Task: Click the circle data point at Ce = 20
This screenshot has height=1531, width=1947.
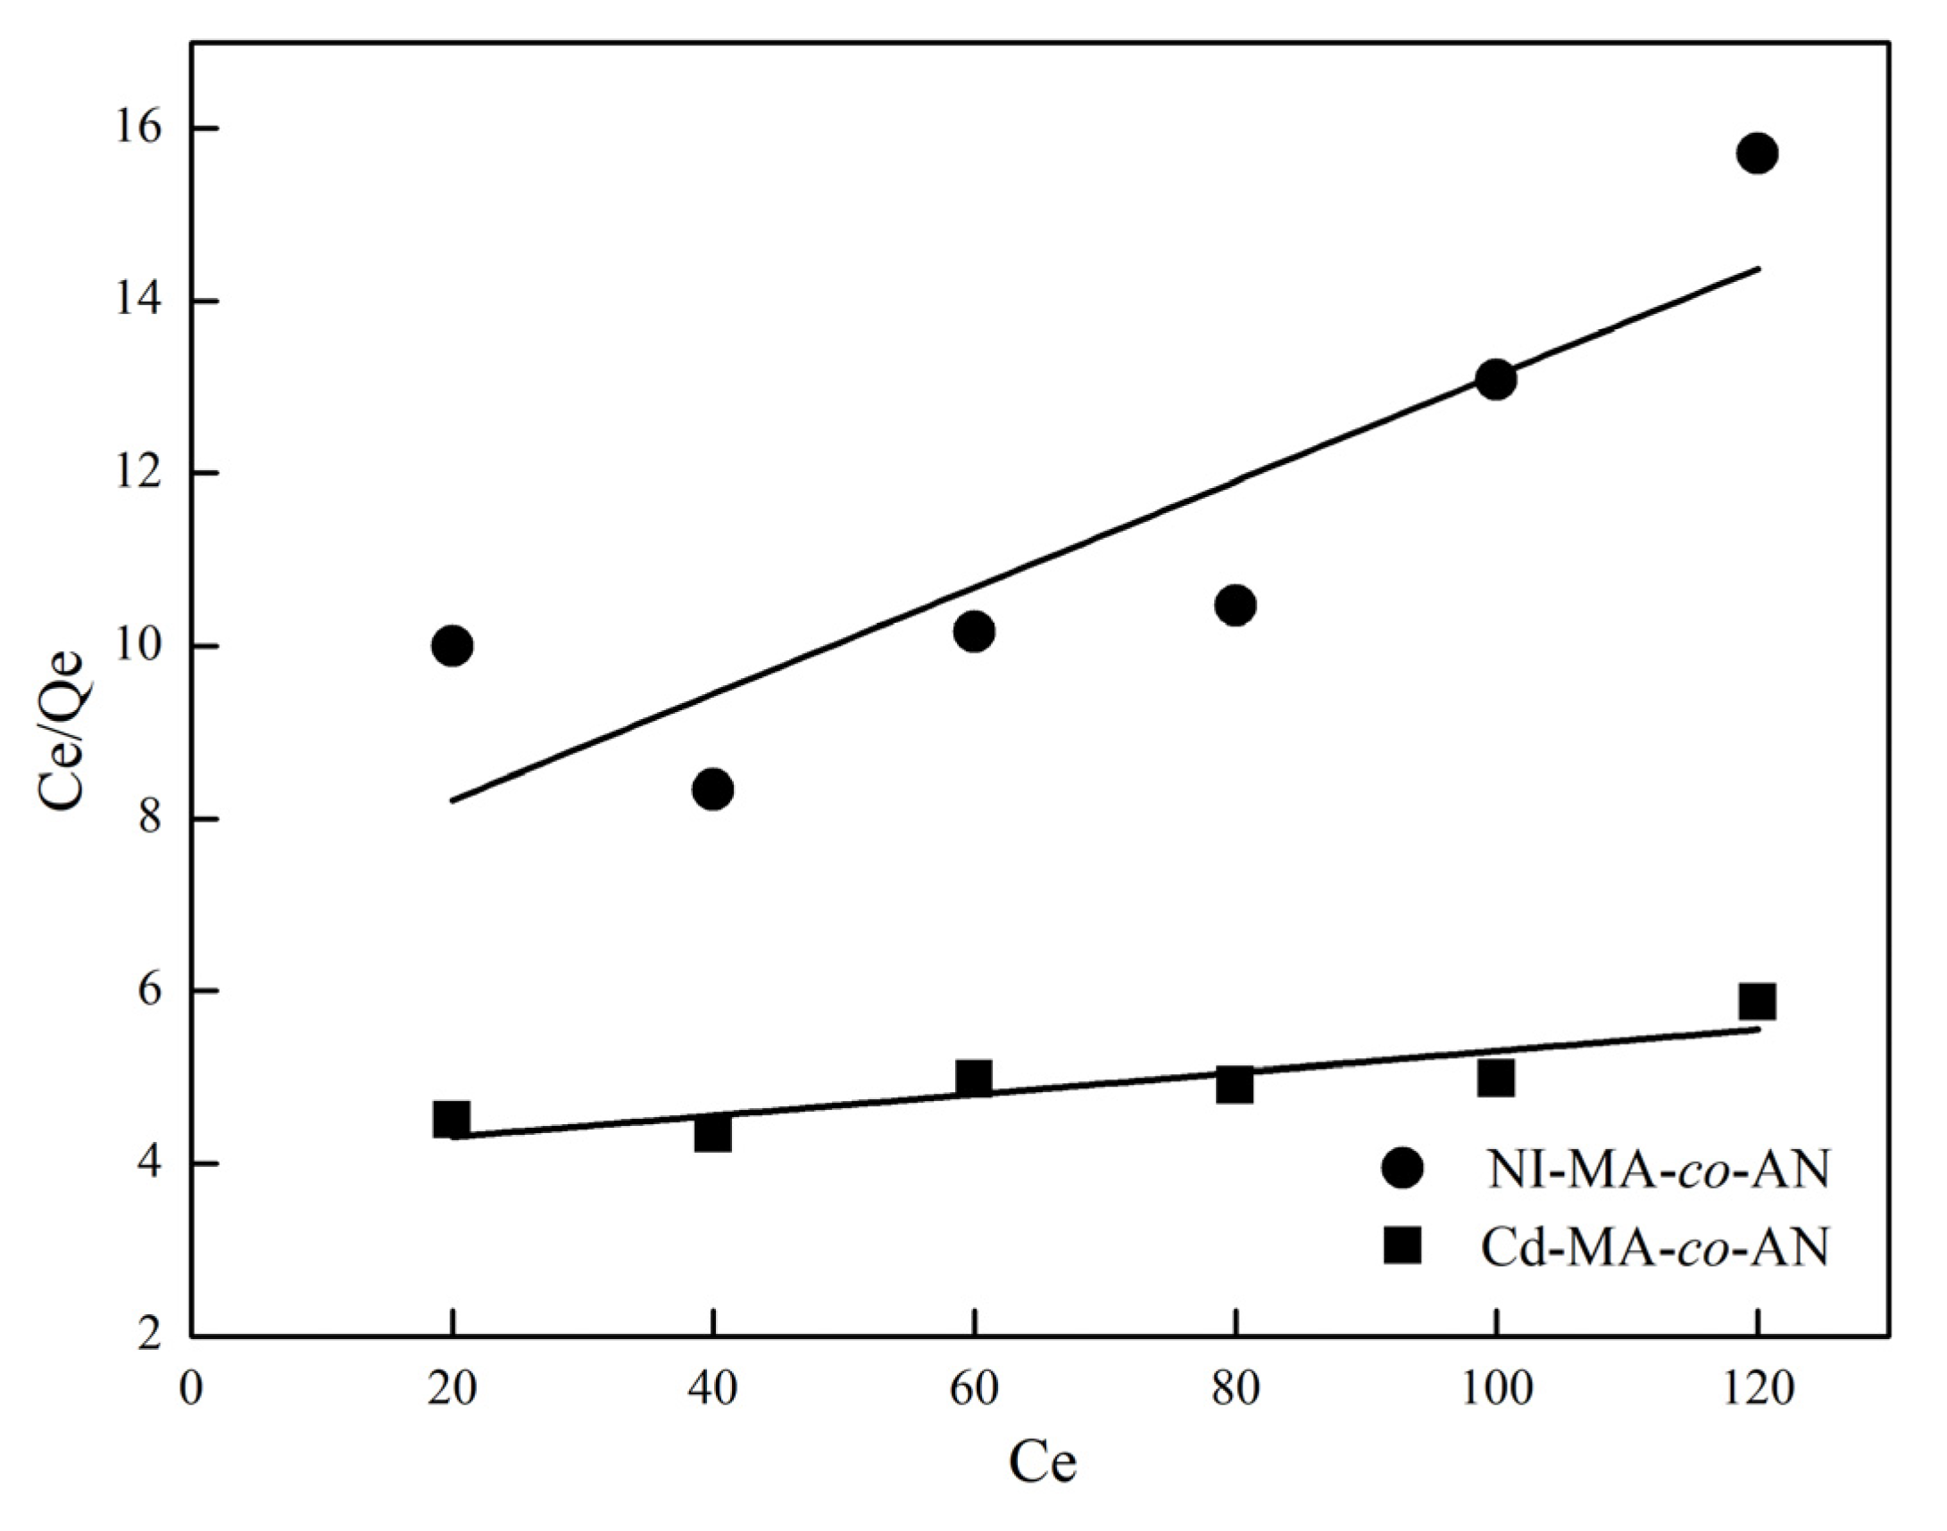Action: [452, 645]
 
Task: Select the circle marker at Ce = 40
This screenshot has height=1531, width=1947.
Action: [713, 790]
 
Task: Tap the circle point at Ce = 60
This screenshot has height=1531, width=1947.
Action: [974, 632]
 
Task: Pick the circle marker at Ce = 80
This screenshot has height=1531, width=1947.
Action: [1235, 606]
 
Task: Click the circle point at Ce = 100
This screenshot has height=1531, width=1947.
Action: [1496, 379]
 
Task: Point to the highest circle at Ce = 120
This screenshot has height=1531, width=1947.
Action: [1757, 153]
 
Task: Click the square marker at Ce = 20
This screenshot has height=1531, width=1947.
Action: [452, 1120]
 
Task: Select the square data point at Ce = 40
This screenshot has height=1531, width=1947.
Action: [713, 1135]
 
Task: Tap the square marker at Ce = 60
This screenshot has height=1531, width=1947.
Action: [974, 1079]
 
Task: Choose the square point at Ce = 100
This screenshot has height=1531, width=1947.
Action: [1496, 1079]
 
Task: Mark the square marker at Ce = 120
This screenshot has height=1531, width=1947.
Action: [1757, 1002]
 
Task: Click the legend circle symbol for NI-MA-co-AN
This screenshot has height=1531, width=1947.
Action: [1402, 1170]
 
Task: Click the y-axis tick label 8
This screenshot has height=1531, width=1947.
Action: [154, 819]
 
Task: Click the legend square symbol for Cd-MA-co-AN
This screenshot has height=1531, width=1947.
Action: [1402, 1246]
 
